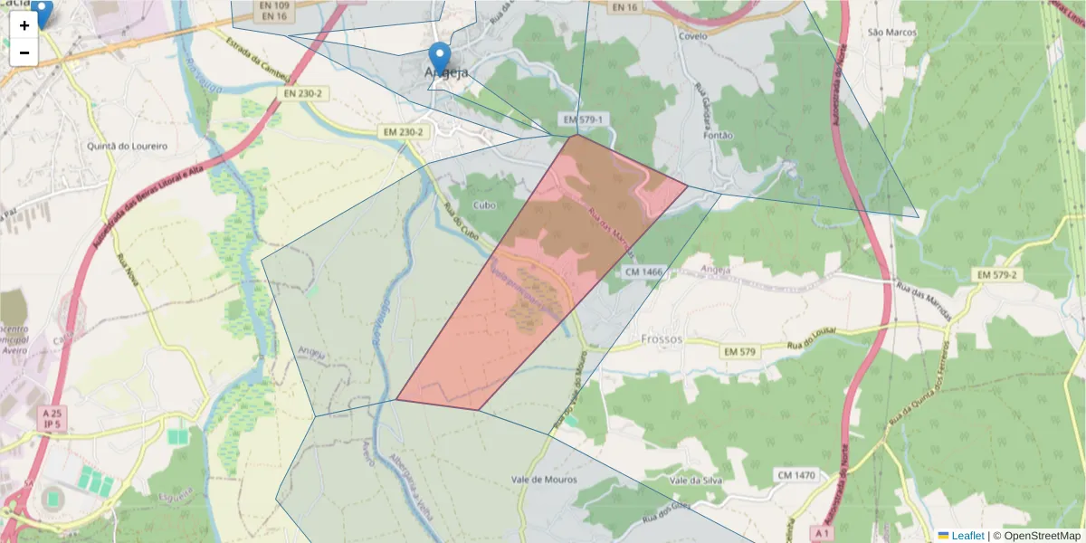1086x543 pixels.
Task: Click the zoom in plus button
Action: tap(24, 25)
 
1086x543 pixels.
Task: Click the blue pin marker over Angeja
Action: tap(439, 57)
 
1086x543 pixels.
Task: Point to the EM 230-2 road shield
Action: tap(403, 132)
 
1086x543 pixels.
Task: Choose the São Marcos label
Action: tap(892, 33)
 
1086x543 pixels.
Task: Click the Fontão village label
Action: tap(717, 136)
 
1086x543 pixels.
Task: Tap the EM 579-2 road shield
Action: tap(997, 274)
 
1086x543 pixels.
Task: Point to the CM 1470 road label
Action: tap(795, 475)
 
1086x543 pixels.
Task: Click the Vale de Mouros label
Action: tap(544, 480)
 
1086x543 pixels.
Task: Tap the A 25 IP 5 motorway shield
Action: tap(51, 418)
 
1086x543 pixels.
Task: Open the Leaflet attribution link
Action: tap(967, 536)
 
